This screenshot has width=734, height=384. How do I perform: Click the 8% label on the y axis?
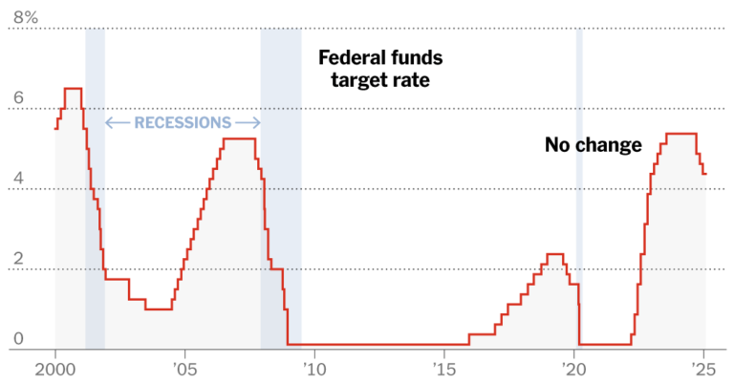point(26,17)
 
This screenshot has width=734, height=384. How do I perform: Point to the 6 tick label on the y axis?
point(19,97)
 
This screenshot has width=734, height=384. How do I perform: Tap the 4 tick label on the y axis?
point(19,179)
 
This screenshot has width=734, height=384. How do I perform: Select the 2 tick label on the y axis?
point(19,258)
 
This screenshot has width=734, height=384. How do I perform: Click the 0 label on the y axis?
point(19,339)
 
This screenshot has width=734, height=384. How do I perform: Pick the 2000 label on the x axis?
point(55,370)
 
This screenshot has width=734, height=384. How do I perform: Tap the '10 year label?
point(314,370)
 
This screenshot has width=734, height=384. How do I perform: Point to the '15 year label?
point(444,370)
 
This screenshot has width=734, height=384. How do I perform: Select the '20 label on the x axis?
point(573,370)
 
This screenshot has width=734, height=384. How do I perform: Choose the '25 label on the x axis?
point(704,370)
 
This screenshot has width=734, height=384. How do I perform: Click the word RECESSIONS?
point(183,122)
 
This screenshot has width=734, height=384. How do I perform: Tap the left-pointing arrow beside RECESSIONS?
point(118,123)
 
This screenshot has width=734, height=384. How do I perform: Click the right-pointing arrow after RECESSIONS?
point(248,123)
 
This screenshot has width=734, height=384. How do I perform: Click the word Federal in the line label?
point(350,58)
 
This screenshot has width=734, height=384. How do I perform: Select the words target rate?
point(380,80)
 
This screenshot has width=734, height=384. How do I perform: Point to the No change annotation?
point(594,145)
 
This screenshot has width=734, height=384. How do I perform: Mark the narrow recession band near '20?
point(579,187)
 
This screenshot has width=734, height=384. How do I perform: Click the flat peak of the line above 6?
point(73,89)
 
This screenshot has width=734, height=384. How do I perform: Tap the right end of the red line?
point(706,174)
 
